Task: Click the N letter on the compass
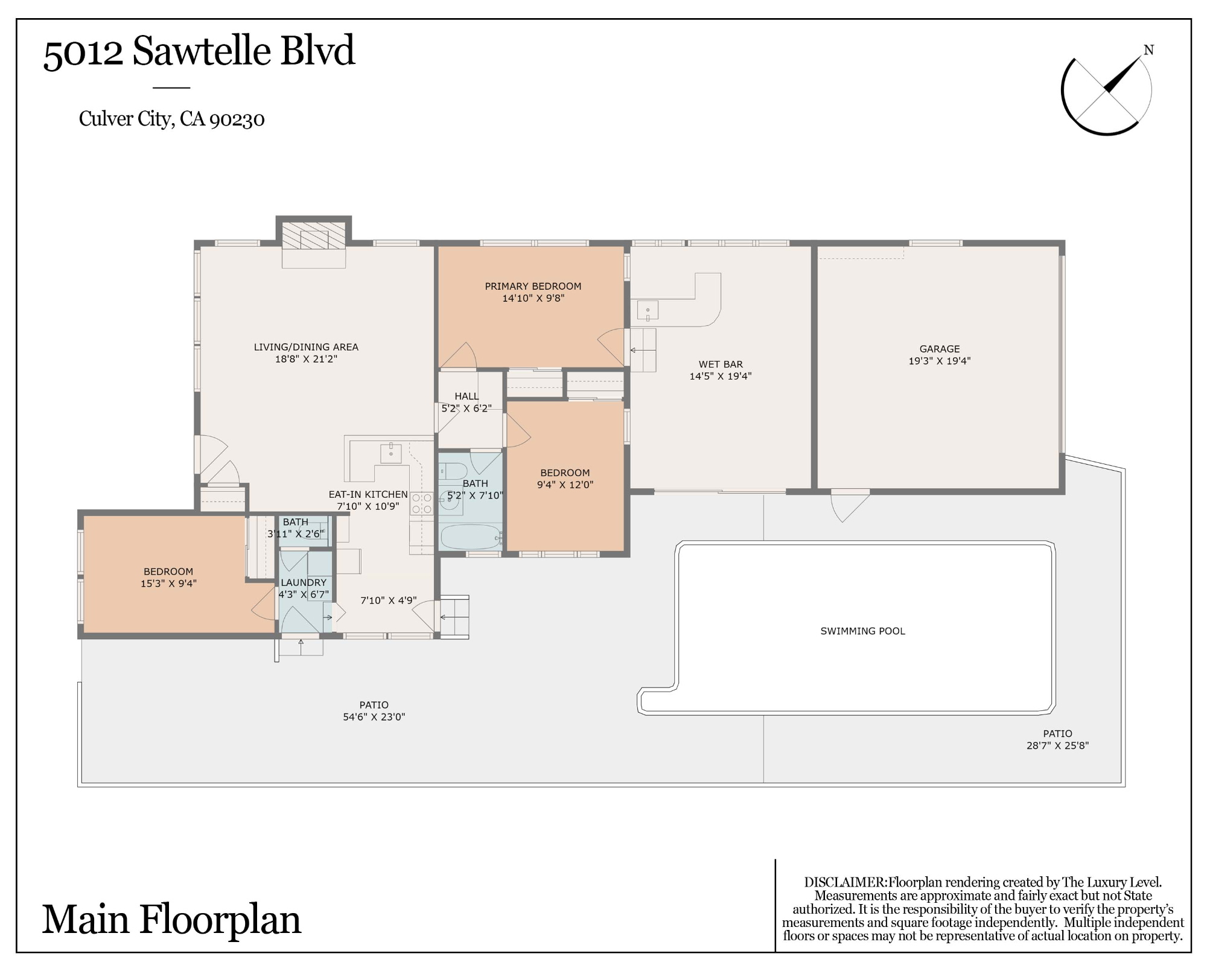coord(1149,50)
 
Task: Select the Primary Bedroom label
coord(533,286)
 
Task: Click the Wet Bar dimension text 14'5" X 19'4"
coord(721,376)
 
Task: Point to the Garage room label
coord(940,349)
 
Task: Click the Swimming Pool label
coord(862,631)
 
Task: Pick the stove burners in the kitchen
coord(422,504)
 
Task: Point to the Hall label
coord(467,396)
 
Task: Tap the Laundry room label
coord(304,582)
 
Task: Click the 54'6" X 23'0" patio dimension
coord(374,717)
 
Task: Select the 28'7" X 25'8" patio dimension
coord(1057,745)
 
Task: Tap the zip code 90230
coord(237,119)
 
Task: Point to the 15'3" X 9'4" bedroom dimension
coord(168,584)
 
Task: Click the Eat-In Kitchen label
coord(368,494)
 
